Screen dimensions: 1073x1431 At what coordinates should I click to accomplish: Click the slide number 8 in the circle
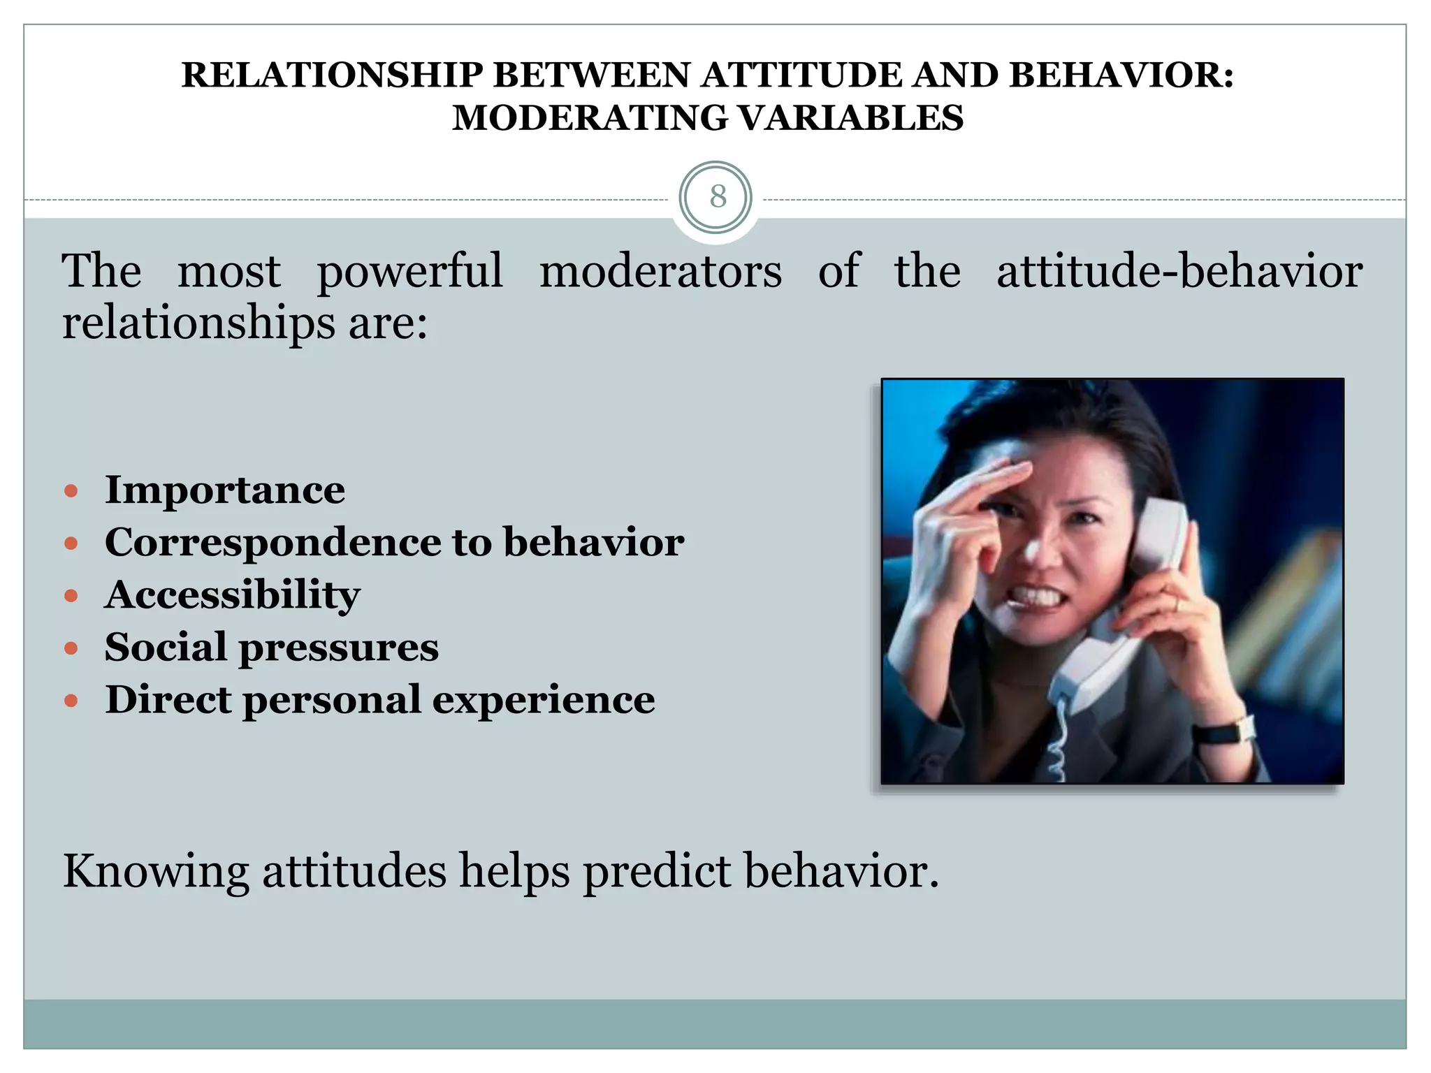(717, 197)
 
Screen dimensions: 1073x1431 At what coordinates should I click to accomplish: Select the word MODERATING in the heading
(590, 117)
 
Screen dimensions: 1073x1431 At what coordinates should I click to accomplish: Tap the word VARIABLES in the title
(850, 117)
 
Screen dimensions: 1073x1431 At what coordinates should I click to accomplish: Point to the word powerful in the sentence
(409, 271)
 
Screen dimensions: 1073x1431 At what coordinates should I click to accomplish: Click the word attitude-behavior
(1179, 271)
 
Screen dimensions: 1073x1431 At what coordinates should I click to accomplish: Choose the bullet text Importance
(224, 490)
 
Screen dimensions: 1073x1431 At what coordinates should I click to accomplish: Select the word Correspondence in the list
(273, 542)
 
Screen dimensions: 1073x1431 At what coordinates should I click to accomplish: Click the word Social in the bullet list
(166, 647)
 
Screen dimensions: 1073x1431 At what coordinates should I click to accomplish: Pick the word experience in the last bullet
(544, 699)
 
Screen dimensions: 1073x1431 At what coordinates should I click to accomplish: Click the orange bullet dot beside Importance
(71, 491)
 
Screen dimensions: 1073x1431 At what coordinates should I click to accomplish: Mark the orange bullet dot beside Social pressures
(71, 648)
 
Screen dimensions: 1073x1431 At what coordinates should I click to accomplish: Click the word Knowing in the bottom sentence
(156, 872)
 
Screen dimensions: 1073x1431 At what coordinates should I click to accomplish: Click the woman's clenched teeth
(1034, 596)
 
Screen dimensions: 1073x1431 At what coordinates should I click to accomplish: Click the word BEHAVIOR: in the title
(1121, 75)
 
